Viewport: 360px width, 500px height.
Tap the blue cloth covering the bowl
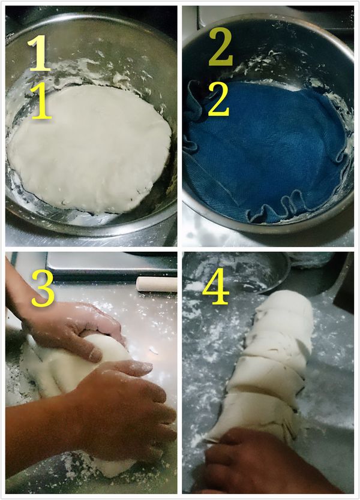(270, 150)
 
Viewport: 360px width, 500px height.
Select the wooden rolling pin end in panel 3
(156, 284)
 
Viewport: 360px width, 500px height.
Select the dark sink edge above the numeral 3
(90, 259)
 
